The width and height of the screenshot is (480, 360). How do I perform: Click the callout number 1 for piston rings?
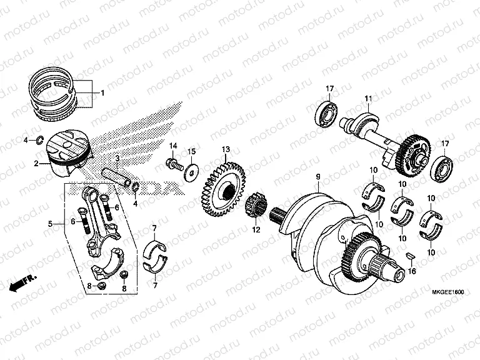click(x=103, y=94)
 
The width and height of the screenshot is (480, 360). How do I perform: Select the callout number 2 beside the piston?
click(x=37, y=164)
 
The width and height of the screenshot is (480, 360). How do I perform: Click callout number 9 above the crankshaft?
click(x=317, y=177)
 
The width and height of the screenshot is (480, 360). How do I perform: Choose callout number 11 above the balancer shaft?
click(x=368, y=98)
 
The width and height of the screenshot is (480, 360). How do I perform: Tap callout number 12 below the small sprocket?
click(x=255, y=230)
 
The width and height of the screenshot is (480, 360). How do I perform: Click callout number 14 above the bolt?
click(x=174, y=146)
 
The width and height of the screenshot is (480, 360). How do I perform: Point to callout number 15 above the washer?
click(x=192, y=151)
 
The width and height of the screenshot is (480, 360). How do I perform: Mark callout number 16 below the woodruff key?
click(x=411, y=271)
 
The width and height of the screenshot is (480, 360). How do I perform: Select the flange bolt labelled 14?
click(x=172, y=165)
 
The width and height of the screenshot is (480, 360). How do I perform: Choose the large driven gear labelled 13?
click(x=222, y=187)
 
